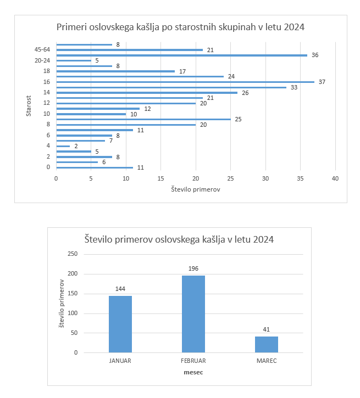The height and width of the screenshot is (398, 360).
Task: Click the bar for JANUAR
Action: pyautogui.click(x=120, y=324)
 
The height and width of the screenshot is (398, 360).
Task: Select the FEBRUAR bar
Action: pyautogui.click(x=193, y=313)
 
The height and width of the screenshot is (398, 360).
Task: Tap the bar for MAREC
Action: pyautogui.click(x=267, y=344)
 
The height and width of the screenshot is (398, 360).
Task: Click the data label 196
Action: pyautogui.click(x=193, y=268)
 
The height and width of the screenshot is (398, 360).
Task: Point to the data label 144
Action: pyautogui.click(x=120, y=289)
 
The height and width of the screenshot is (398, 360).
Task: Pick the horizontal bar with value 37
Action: pyautogui.click(x=185, y=82)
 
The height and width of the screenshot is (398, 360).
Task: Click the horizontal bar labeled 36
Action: pyautogui.click(x=181, y=55)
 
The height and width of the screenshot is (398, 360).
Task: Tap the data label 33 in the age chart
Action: pyautogui.click(x=294, y=87)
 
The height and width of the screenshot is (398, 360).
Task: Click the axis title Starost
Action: pyautogui.click(x=28, y=106)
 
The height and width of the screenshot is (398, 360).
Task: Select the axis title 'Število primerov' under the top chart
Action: pyautogui.click(x=195, y=190)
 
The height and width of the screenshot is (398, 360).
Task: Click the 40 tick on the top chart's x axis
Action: pyautogui.click(x=335, y=178)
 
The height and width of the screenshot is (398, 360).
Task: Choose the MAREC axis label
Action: pyautogui.click(x=267, y=361)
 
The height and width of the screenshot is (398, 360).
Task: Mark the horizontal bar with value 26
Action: pyautogui.click(x=147, y=93)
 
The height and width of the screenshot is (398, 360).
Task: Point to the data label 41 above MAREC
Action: pyautogui.click(x=267, y=330)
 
